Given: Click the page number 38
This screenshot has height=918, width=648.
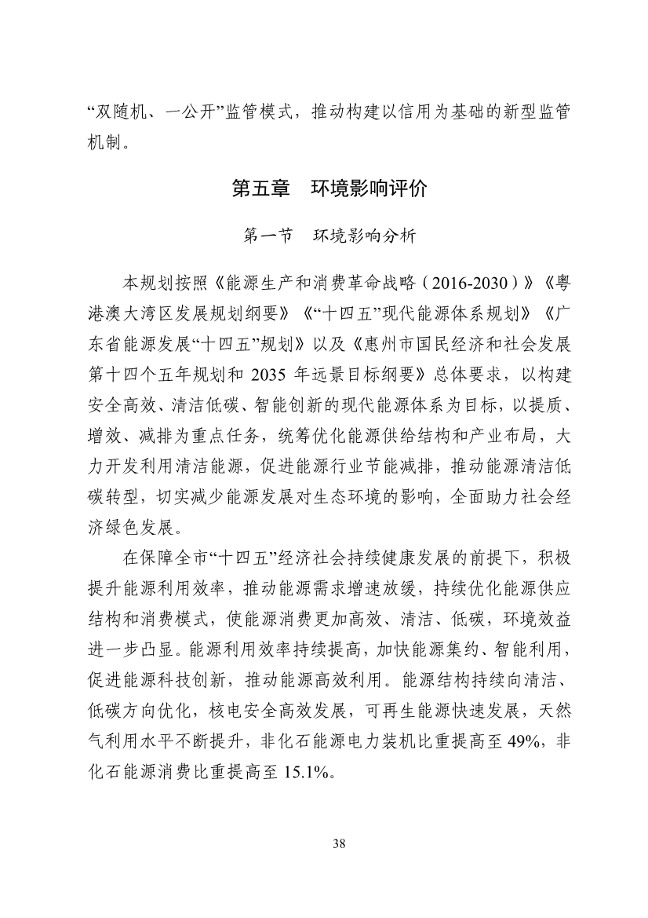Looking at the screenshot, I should (339, 844).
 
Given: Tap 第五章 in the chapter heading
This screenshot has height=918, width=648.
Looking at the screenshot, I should (256, 189).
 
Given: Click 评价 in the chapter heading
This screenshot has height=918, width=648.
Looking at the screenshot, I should (409, 189).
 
